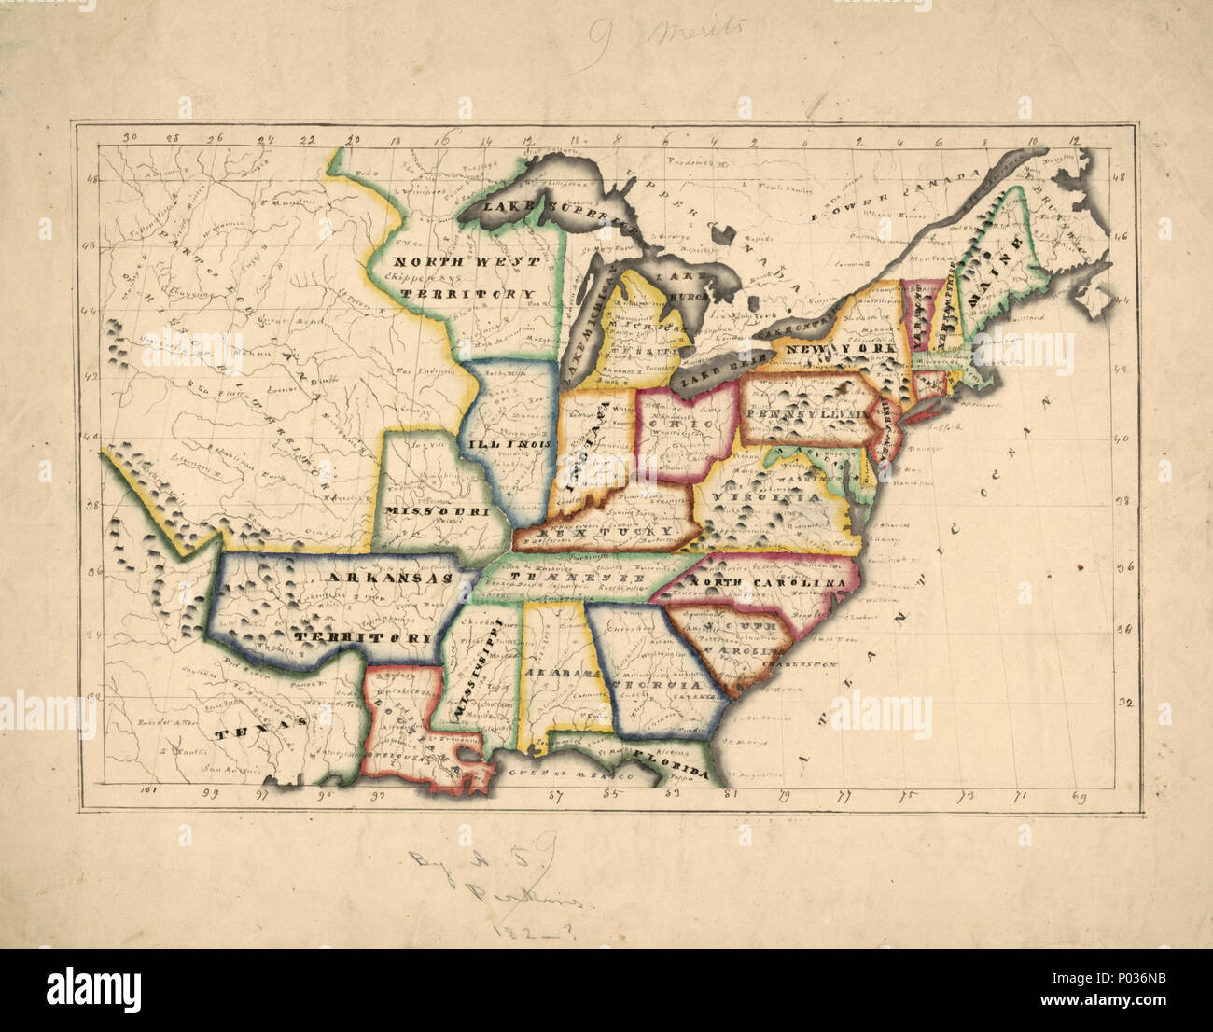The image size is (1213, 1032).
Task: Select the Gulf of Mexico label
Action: tap(582, 773)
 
